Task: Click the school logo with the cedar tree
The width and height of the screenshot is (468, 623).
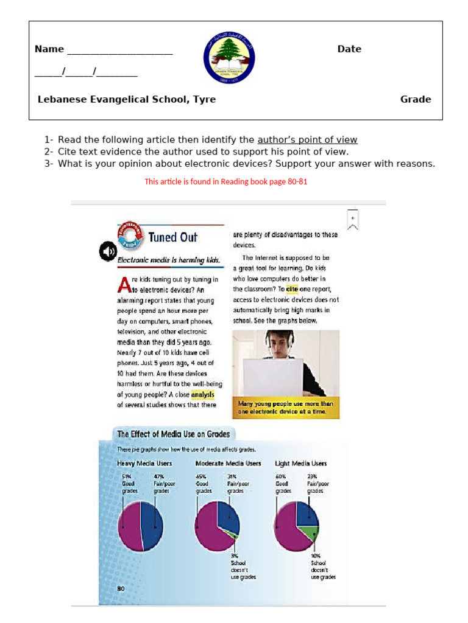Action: [229, 58]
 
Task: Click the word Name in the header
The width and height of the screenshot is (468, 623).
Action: [49, 49]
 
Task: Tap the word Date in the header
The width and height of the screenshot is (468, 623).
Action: [349, 49]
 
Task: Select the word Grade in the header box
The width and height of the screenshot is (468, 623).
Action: [416, 99]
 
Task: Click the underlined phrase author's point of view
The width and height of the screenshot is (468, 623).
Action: [307, 140]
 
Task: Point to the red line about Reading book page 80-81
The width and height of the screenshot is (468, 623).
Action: [226, 181]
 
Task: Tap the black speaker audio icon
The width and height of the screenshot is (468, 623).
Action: [108, 251]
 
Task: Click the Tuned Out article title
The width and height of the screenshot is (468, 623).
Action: [172, 237]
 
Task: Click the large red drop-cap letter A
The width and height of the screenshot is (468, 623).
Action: [124, 284]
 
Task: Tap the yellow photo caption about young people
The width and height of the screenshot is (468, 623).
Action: [285, 408]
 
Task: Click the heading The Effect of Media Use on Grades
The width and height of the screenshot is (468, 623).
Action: [173, 434]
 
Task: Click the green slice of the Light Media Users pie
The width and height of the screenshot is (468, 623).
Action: [313, 532]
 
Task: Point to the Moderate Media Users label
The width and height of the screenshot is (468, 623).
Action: [228, 464]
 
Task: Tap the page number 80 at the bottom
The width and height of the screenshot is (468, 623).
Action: [120, 588]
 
